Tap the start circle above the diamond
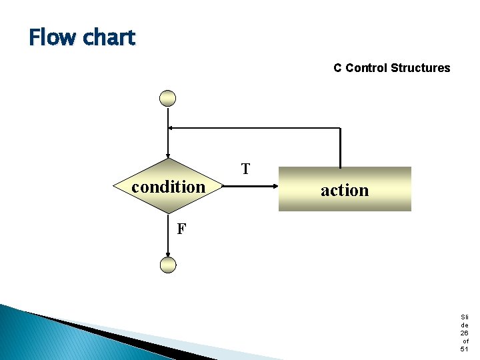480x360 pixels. (168, 99)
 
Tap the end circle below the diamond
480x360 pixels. (168, 265)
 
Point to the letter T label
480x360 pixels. (245, 169)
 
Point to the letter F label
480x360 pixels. (181, 229)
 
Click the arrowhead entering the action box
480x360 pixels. (274, 188)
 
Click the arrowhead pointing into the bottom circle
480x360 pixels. (168, 254)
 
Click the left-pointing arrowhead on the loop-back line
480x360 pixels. (171, 127)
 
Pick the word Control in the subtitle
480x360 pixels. (367, 68)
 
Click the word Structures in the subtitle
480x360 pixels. (421, 68)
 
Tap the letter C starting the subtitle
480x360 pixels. (338, 68)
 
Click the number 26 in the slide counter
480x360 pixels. (465, 333)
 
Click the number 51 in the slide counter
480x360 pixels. (465, 349)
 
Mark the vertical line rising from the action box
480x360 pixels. (341, 147)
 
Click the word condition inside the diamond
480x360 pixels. (168, 187)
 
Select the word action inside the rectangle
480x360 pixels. (345, 191)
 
